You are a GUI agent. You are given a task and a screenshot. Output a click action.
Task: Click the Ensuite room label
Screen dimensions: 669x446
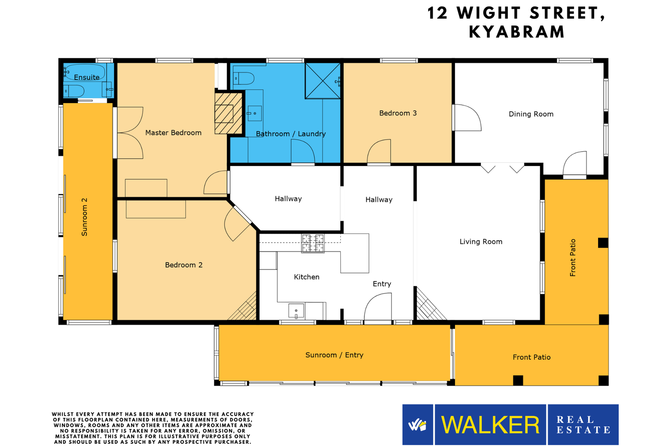point(87,77)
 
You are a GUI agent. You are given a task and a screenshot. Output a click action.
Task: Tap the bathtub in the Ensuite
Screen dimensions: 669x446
point(84,72)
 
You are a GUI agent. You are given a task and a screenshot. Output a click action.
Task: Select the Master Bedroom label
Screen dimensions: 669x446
point(173,132)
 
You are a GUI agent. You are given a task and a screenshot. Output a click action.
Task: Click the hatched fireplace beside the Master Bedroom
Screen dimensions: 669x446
point(228,114)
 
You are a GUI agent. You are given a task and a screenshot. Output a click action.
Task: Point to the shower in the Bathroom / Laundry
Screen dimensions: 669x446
point(322,81)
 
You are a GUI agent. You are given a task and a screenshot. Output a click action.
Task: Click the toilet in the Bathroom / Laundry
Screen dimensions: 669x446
point(244,78)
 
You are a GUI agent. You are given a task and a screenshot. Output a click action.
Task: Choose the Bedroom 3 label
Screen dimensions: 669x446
point(398,113)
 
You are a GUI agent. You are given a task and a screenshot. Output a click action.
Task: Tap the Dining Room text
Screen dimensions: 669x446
point(531,114)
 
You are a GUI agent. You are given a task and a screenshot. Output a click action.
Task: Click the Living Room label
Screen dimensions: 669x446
point(481,242)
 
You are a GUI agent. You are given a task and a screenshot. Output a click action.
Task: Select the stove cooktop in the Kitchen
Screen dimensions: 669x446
point(313,244)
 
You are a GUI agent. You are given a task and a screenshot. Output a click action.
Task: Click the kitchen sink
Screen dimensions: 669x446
point(296,311)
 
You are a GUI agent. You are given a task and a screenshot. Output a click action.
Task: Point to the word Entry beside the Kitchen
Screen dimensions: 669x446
point(382,284)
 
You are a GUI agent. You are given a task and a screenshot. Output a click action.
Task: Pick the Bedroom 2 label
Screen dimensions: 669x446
point(184,265)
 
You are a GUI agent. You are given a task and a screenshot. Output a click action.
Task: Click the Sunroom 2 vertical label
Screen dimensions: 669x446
point(85,217)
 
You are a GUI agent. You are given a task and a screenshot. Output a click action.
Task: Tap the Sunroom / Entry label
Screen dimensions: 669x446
point(334,355)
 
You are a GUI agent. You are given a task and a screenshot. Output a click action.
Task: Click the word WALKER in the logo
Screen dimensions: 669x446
point(490,425)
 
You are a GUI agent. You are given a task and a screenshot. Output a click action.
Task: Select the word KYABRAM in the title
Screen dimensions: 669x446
point(516,32)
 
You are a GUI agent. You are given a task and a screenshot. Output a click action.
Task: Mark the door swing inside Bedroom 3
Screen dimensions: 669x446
point(379,151)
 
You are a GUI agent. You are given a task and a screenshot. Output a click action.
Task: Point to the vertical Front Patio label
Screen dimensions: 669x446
point(573,257)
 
